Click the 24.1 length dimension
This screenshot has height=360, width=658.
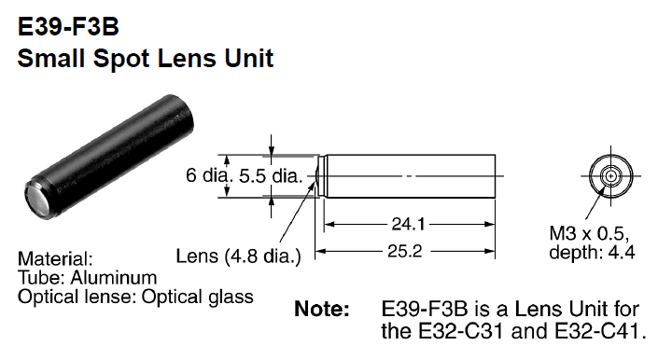[404, 223]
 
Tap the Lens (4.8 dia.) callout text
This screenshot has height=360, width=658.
[237, 256]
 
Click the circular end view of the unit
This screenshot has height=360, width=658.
[609, 175]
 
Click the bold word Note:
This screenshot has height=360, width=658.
[322, 309]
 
